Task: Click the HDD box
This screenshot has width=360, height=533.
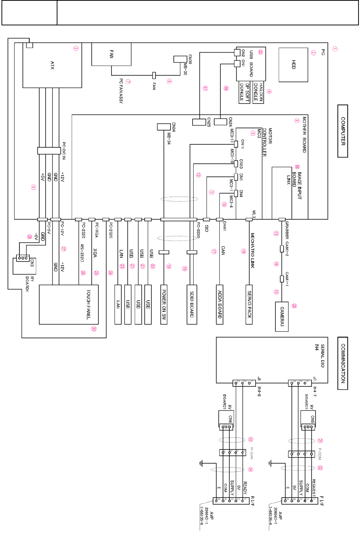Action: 293,65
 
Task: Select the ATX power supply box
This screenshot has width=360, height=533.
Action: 52,65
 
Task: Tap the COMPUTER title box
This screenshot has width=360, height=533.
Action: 342,131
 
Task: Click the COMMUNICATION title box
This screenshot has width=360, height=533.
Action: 342,363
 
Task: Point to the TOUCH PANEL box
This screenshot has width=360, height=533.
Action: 69,305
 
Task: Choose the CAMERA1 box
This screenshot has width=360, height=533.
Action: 282,316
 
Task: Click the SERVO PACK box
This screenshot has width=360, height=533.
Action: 249,305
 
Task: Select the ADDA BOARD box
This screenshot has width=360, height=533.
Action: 220,305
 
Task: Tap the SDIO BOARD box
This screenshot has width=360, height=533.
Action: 192,305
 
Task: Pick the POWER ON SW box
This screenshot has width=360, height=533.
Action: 164,305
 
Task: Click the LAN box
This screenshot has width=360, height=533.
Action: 118,305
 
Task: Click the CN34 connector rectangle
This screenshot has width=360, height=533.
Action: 164,127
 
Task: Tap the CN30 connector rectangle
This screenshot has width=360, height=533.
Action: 180,59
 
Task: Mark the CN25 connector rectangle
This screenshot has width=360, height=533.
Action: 199,122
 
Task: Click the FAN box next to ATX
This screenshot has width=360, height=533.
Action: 111,54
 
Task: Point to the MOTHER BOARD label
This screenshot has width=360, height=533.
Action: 304,134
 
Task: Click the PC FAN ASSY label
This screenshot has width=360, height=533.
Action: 121,91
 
